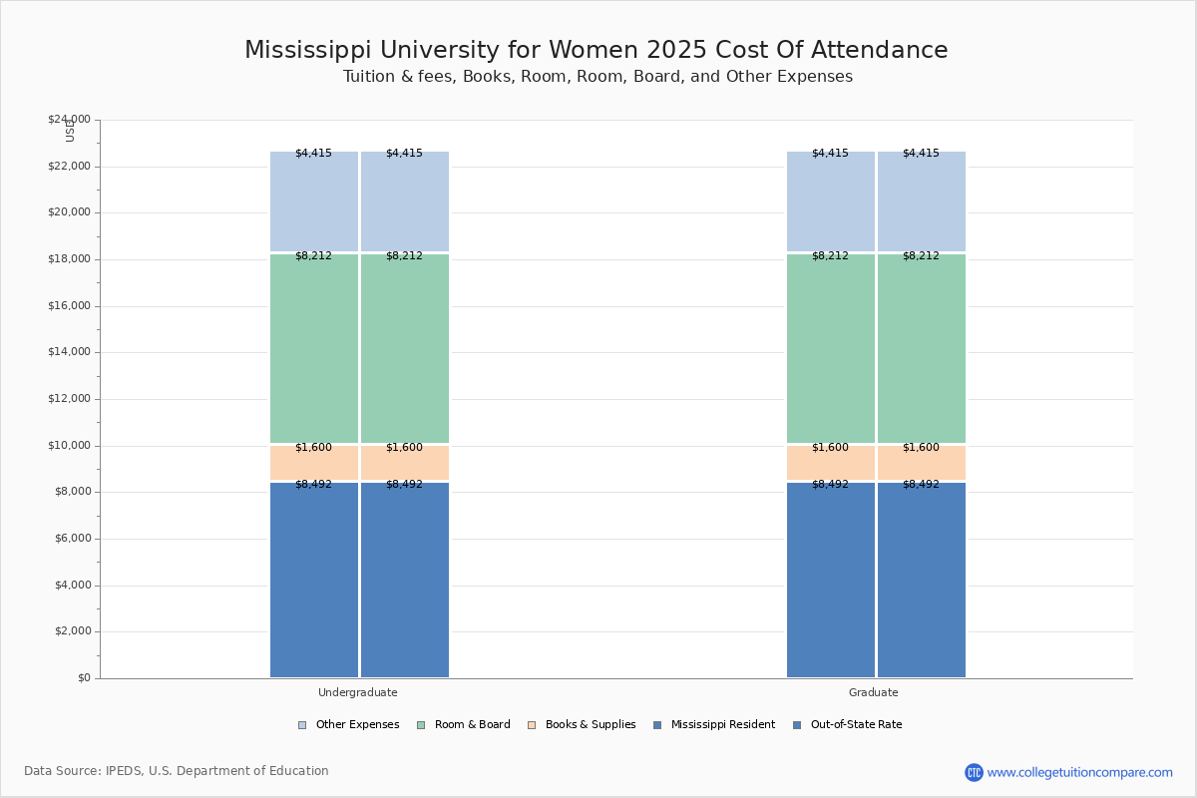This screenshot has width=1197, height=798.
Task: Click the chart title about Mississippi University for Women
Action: pos(597,50)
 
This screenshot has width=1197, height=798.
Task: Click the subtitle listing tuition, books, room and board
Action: pos(598,77)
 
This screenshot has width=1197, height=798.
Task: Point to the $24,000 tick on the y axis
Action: pos(69,120)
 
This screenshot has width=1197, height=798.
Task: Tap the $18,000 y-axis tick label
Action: pos(69,259)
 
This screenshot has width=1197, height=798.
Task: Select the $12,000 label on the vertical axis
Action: pos(69,399)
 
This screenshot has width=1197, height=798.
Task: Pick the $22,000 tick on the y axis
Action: pos(69,167)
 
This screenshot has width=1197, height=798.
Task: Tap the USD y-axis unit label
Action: pos(70,131)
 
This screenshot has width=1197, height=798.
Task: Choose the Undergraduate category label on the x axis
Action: pos(358,692)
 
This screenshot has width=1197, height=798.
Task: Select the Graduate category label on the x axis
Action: pos(874,692)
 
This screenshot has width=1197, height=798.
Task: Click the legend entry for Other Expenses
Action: pos(357,725)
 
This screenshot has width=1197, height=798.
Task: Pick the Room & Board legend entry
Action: pos(472,725)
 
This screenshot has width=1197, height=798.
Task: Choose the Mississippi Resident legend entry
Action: pos(722,725)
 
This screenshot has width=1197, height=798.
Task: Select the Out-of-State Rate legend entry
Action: pos(856,725)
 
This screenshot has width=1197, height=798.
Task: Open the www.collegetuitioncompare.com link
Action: pos(1079,772)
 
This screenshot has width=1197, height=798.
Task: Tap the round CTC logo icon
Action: pos(974,772)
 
